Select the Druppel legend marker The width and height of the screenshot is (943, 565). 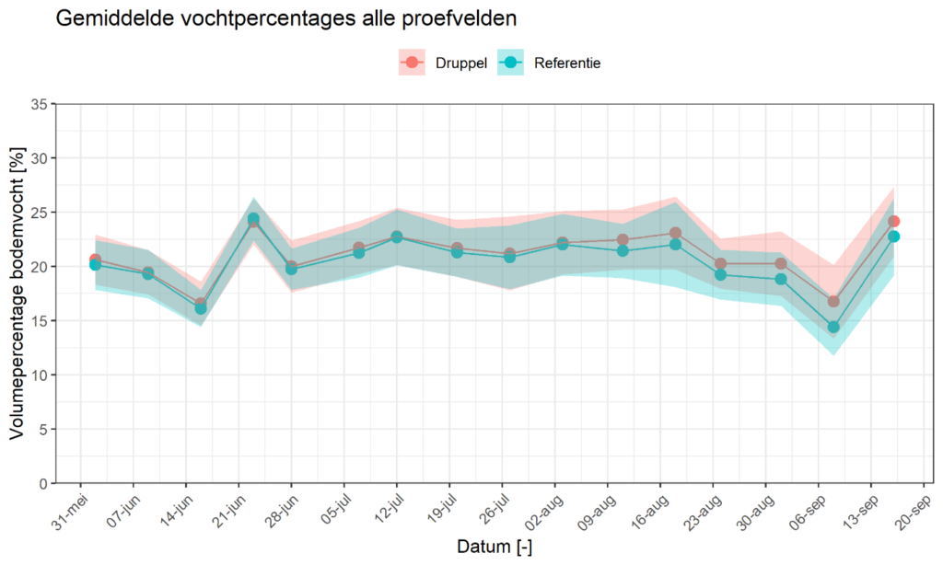coord(411,63)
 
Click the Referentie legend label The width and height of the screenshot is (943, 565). coord(567,63)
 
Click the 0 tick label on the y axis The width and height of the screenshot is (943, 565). coord(41,484)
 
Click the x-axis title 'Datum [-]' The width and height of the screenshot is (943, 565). coord(495,547)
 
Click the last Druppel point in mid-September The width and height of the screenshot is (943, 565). coord(893,222)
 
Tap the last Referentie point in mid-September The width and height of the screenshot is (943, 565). coord(893,236)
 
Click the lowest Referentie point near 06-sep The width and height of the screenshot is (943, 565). coord(833,327)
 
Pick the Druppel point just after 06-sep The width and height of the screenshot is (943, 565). coord(833,301)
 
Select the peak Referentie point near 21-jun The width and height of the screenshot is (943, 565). coord(253,219)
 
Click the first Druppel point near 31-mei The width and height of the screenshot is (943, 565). coord(95,259)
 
